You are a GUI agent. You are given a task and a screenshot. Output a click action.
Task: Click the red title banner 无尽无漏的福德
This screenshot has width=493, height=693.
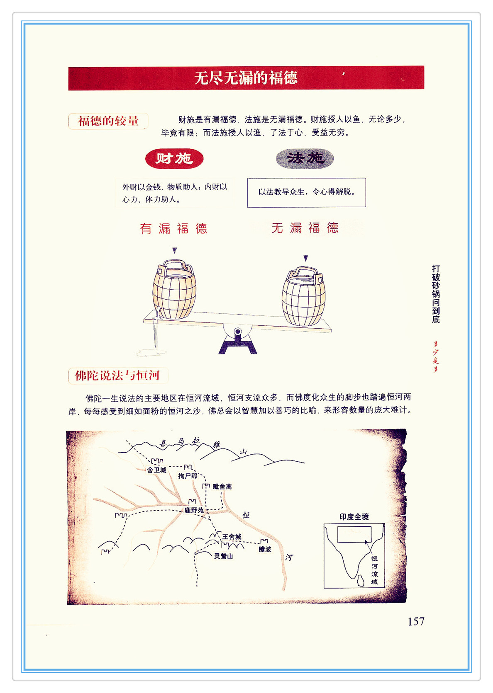click(246, 78)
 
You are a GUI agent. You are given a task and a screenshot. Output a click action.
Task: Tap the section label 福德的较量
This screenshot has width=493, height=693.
click(108, 121)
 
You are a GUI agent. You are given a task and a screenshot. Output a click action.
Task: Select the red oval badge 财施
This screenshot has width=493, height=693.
click(174, 159)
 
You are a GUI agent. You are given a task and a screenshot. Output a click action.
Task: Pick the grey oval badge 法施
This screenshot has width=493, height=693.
click(305, 158)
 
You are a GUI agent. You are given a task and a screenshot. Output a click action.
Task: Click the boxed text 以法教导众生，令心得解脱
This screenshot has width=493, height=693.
click(306, 192)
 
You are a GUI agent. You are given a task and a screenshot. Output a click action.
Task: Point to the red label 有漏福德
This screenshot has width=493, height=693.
click(173, 229)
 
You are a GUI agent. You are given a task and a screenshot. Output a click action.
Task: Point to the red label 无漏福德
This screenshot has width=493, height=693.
click(305, 228)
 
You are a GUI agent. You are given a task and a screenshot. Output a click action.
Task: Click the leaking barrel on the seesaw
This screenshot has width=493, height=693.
click(174, 289)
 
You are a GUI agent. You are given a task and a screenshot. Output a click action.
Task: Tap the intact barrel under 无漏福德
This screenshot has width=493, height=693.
click(303, 296)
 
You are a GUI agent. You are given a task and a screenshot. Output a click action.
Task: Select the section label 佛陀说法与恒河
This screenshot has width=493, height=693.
click(118, 376)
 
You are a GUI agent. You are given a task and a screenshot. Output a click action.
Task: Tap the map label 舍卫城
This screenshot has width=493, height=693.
click(157, 470)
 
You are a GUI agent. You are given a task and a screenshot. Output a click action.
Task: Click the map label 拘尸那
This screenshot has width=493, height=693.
click(188, 476)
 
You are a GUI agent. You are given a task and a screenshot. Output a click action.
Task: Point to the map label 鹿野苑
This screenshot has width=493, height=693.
click(194, 510)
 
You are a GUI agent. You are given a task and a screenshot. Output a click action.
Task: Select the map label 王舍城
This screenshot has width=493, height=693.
click(232, 536)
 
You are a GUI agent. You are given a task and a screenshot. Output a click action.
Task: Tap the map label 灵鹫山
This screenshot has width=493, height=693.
click(224, 556)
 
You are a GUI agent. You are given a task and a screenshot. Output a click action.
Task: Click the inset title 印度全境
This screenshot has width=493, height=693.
click(354, 517)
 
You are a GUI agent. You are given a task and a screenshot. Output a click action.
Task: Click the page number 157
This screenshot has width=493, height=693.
click(416, 622)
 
